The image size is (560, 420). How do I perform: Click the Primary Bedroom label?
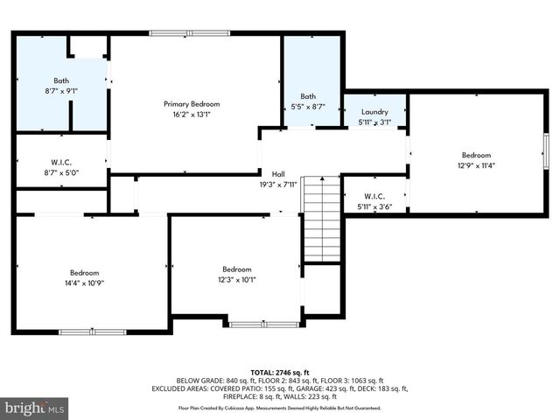192,103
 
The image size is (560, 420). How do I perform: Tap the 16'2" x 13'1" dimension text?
192,114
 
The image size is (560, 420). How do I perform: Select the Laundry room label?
374,112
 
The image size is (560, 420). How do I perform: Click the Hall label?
278,174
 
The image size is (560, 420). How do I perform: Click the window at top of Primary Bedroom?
190,33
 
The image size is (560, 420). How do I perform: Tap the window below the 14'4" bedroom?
92,332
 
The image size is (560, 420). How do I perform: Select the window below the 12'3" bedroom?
252,325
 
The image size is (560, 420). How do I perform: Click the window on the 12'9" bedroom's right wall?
545,154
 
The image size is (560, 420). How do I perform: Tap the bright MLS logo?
35,408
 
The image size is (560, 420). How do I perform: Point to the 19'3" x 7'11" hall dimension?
278,185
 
